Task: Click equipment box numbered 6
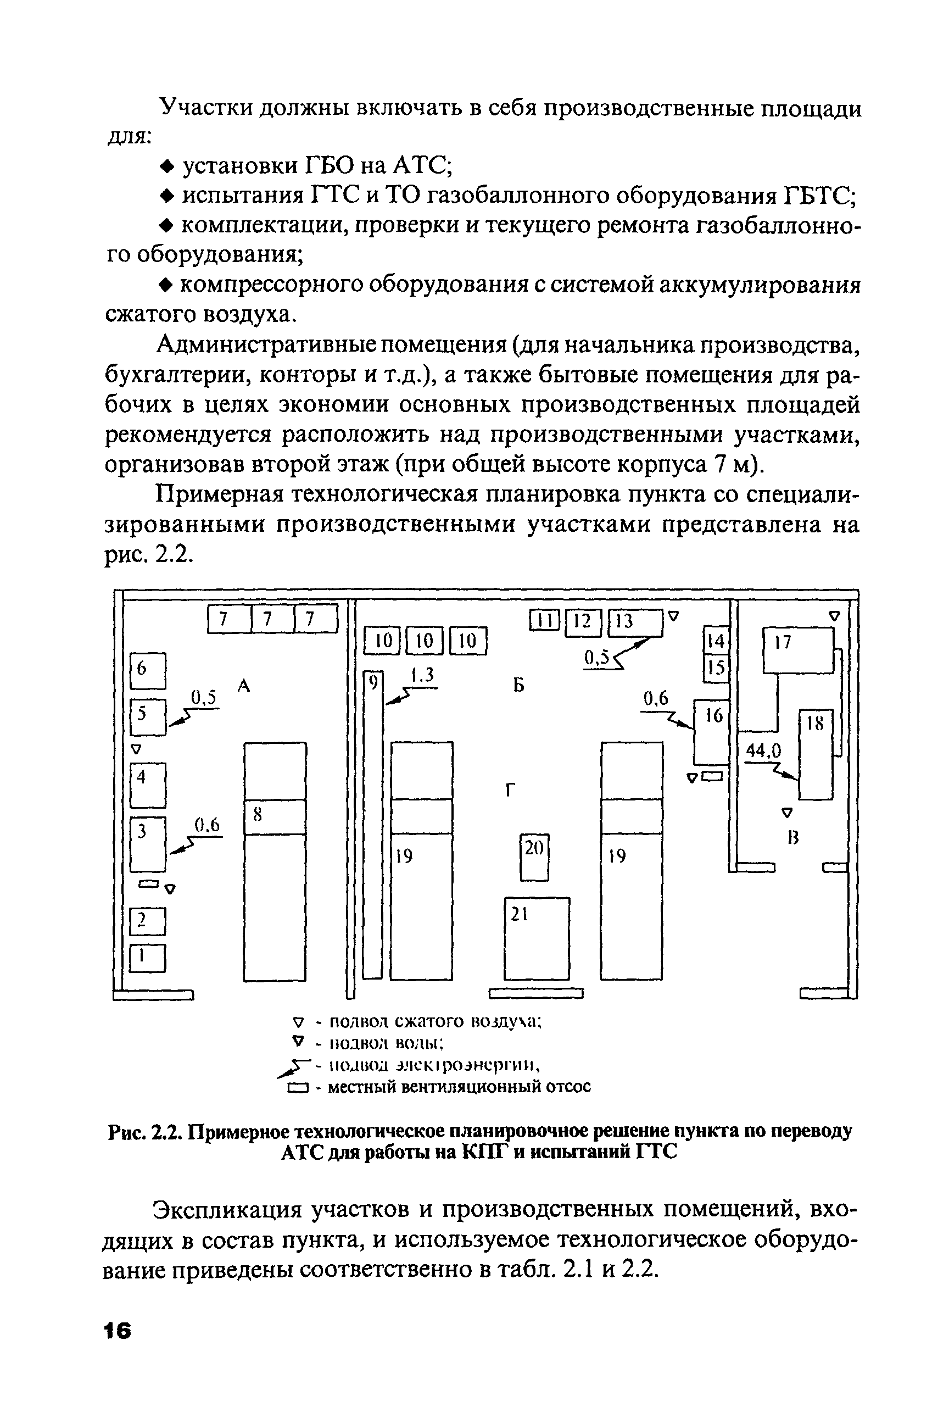coord(148,670)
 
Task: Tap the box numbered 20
coord(534,857)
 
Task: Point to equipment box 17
coord(797,651)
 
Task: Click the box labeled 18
coord(816,754)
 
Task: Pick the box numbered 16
coord(711,732)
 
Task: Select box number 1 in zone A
coord(148,958)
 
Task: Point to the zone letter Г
coord(510,790)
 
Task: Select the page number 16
coord(116,1332)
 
